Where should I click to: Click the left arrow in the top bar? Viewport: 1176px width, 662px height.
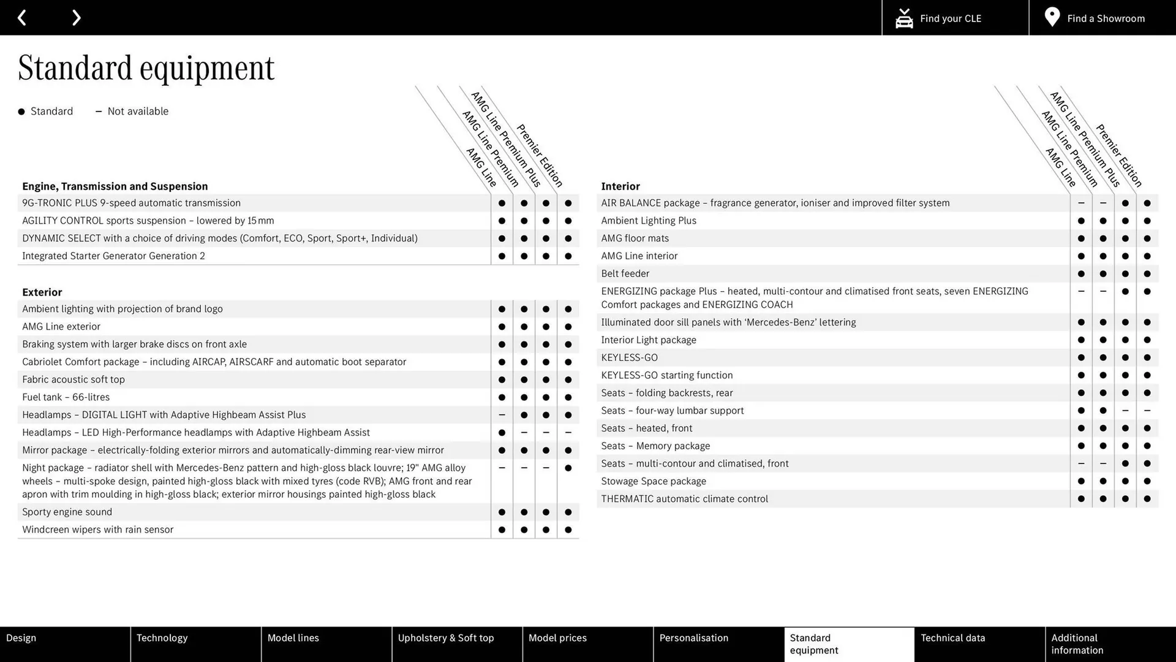tap(22, 18)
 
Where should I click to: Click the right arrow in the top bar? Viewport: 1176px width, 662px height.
tap(76, 18)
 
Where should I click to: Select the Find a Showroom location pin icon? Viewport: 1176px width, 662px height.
tap(1052, 17)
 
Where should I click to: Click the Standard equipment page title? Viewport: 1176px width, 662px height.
tap(146, 68)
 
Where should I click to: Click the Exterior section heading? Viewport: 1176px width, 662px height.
tap(42, 292)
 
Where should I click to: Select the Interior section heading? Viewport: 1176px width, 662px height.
tap(620, 186)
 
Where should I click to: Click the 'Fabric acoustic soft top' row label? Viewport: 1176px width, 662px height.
tap(73, 379)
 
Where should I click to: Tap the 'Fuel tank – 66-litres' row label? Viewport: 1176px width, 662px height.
tap(66, 397)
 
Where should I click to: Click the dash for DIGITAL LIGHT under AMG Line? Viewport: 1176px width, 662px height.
tap(502, 415)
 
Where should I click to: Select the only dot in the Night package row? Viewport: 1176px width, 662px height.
tap(568, 468)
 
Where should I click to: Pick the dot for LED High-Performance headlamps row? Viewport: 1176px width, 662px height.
tap(502, 433)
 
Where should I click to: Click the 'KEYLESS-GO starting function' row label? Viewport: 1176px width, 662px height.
tap(666, 375)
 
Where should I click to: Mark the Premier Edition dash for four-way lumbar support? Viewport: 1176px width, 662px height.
tap(1147, 411)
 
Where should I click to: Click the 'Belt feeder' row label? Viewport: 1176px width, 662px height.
tap(625, 273)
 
